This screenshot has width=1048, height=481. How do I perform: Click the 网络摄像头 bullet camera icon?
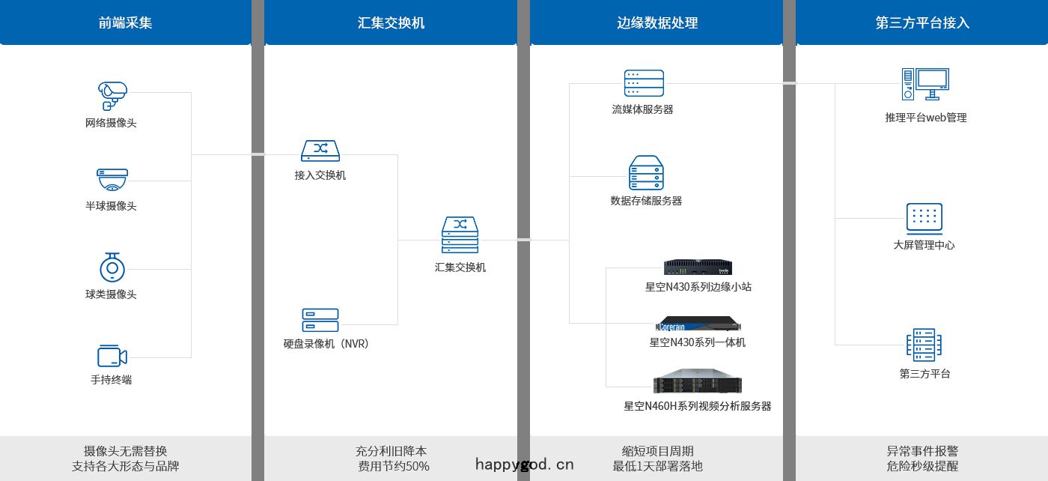click(x=112, y=96)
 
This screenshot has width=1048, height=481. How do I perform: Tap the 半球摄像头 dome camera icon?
click(x=112, y=180)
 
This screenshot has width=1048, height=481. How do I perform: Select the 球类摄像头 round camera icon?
click(x=112, y=267)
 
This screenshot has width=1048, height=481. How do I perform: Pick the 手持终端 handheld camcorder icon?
click(x=112, y=356)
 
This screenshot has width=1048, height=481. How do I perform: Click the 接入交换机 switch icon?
click(x=320, y=151)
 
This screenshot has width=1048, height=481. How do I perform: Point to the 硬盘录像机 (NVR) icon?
click(x=320, y=320)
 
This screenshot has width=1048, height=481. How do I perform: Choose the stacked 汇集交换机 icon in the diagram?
click(x=460, y=235)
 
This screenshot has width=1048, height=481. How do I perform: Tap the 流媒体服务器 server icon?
click(x=644, y=83)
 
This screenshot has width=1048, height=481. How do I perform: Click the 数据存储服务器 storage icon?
click(x=646, y=173)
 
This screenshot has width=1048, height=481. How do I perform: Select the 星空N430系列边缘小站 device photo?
click(x=698, y=267)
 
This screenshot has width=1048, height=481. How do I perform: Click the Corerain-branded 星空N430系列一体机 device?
click(x=698, y=324)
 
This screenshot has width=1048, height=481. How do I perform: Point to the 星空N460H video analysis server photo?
click(x=698, y=381)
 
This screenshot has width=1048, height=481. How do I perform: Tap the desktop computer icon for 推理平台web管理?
click(x=925, y=84)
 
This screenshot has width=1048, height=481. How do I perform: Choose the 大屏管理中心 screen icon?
click(x=924, y=219)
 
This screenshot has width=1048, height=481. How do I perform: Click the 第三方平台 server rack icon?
click(x=924, y=345)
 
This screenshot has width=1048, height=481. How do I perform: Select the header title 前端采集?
click(x=125, y=22)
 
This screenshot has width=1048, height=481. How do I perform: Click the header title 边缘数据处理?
click(x=657, y=22)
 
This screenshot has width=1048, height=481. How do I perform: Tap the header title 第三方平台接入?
click(x=922, y=22)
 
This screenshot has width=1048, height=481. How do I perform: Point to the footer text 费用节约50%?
click(x=394, y=466)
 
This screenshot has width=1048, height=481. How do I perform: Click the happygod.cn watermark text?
click(x=525, y=464)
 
